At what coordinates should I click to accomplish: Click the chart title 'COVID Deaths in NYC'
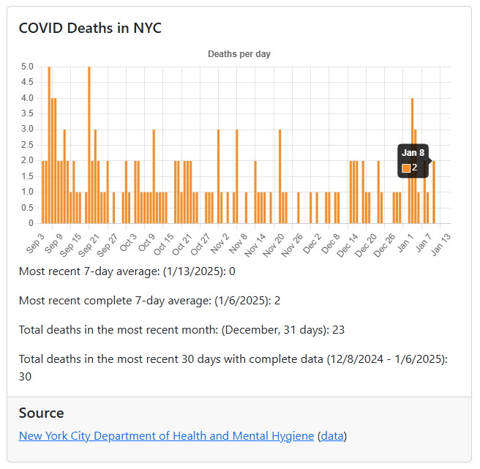click(x=90, y=29)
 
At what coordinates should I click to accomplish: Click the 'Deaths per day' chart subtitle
click(x=239, y=54)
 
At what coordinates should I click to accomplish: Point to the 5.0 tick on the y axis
click(x=27, y=67)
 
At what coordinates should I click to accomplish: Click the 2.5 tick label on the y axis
click(x=27, y=145)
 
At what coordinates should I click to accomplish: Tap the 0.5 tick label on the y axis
click(x=27, y=207)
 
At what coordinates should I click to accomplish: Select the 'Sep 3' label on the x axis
click(x=35, y=241)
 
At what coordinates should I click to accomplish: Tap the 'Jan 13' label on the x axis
click(x=440, y=243)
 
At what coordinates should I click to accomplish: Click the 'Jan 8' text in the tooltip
click(x=413, y=153)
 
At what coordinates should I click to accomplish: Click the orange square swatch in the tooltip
click(x=406, y=168)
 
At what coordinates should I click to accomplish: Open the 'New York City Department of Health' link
click(x=166, y=436)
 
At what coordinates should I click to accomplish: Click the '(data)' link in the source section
click(x=331, y=436)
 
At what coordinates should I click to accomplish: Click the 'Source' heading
click(x=41, y=413)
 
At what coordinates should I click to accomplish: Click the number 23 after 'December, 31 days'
click(x=338, y=330)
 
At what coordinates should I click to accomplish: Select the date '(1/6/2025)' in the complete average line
click(x=222, y=301)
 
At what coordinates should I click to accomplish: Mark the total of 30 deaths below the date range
click(x=26, y=376)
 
